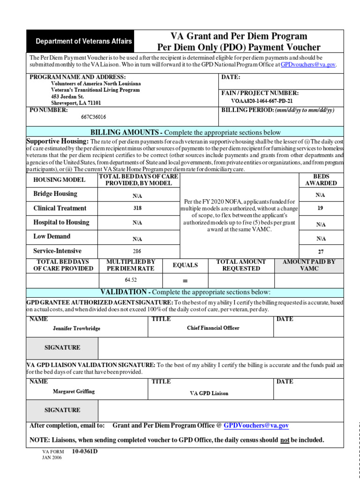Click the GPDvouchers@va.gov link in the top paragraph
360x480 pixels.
tap(308, 65)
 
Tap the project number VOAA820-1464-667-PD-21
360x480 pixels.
tap(262, 101)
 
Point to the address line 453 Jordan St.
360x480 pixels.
tap(67, 97)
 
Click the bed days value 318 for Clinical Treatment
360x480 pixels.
tap(137, 208)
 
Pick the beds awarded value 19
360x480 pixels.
tap(321, 208)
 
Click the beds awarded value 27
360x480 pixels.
tap(321, 252)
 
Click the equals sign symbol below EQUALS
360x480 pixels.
tap(185, 281)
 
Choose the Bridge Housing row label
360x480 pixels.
tap(55, 194)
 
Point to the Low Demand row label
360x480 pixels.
tap(52, 237)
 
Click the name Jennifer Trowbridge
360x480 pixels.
tap(76, 329)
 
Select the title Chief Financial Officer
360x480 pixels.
tap(213, 328)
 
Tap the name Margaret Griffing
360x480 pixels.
tap(74, 391)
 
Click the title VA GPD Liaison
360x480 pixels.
tap(209, 393)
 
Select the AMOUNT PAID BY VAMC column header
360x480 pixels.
tap(309, 265)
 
